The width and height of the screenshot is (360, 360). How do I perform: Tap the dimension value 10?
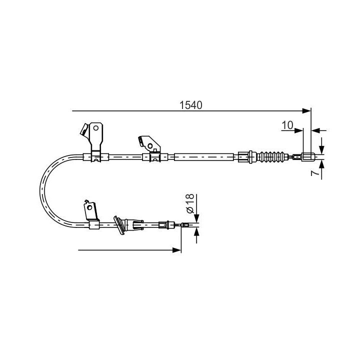[287, 125]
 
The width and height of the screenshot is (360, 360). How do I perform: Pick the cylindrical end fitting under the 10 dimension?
[307, 157]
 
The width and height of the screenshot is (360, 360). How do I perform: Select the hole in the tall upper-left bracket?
[95, 128]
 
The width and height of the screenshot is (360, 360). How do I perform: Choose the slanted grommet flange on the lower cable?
[120, 225]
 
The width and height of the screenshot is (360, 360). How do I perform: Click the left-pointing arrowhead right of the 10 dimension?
[314, 130]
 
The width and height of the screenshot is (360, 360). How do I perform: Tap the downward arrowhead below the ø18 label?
[197, 218]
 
